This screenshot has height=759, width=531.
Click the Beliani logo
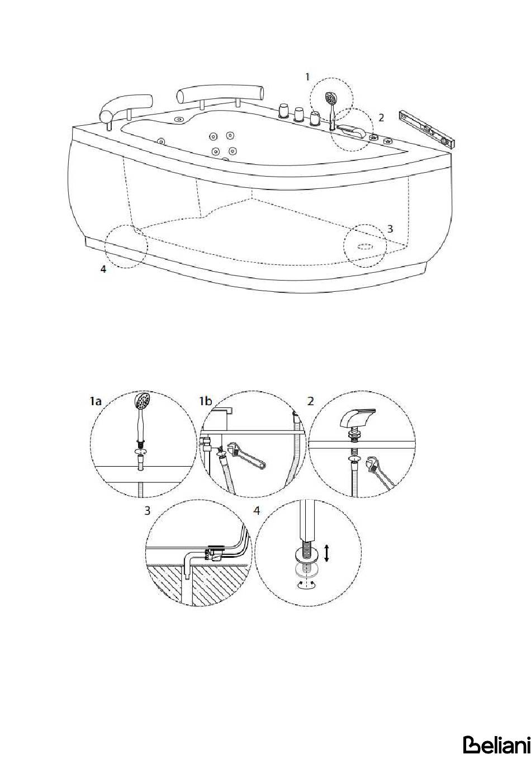coord(496,744)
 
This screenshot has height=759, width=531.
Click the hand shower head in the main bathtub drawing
coord(330,98)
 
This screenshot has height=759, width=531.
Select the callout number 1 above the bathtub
coord(307,77)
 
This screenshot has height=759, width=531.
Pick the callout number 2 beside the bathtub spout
coord(381,118)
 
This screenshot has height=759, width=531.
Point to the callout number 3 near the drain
coord(390,229)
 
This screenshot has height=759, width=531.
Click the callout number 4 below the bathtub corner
coord(103,269)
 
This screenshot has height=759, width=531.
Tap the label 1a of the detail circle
coord(95,401)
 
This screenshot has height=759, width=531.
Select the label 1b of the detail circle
coord(205,401)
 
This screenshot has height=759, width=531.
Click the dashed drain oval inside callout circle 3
coord(364,245)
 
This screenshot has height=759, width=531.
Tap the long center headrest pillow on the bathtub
coord(220,93)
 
